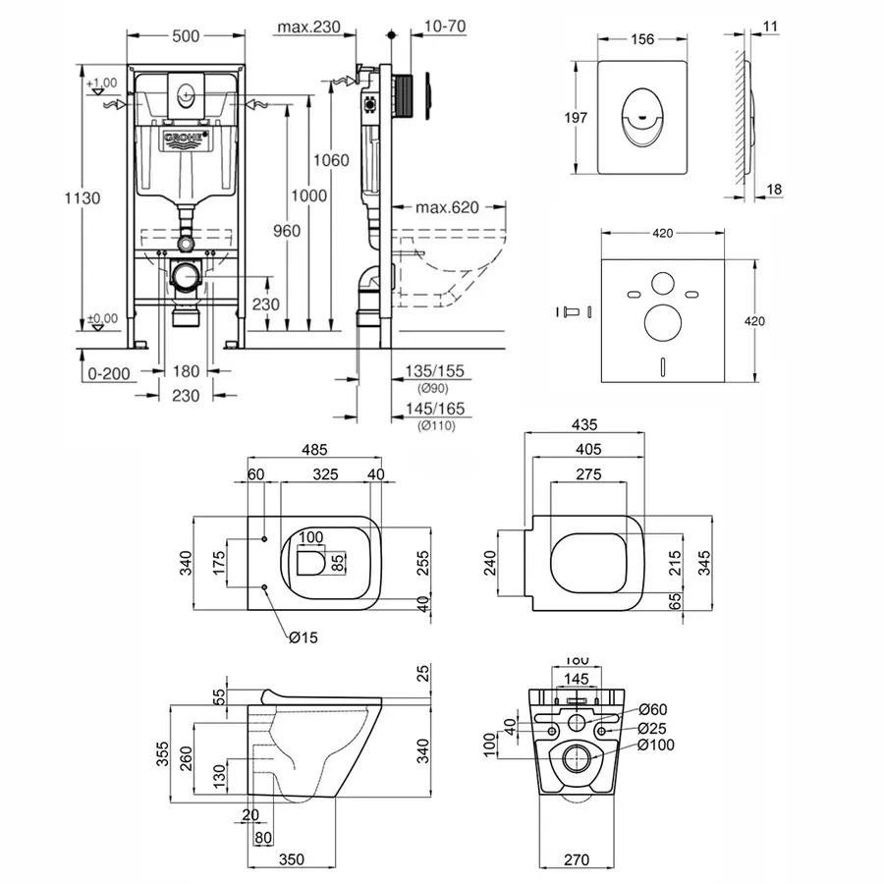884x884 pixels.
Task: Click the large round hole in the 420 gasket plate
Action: tap(664, 321)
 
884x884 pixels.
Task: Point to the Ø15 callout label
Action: tap(304, 636)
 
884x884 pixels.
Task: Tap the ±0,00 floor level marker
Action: tap(102, 318)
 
